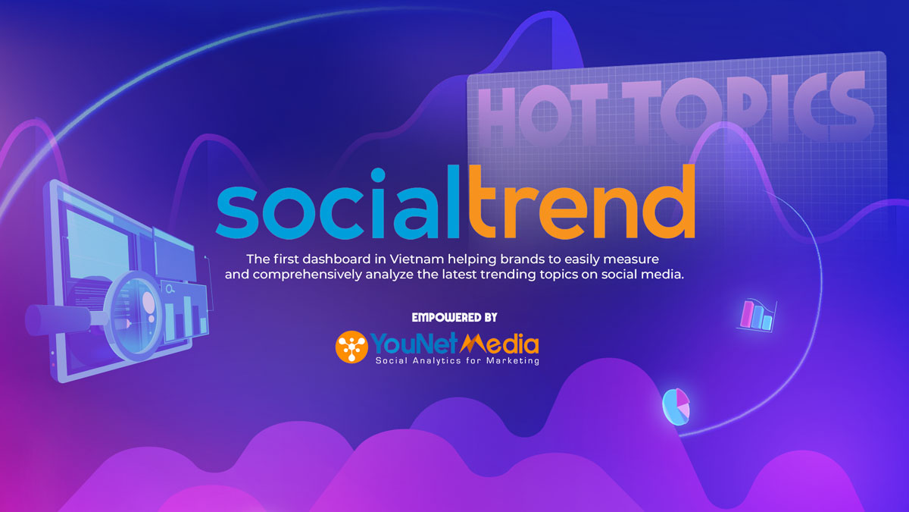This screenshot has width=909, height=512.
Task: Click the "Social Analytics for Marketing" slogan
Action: [458, 362]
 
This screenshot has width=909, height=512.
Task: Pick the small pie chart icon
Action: [675, 405]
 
